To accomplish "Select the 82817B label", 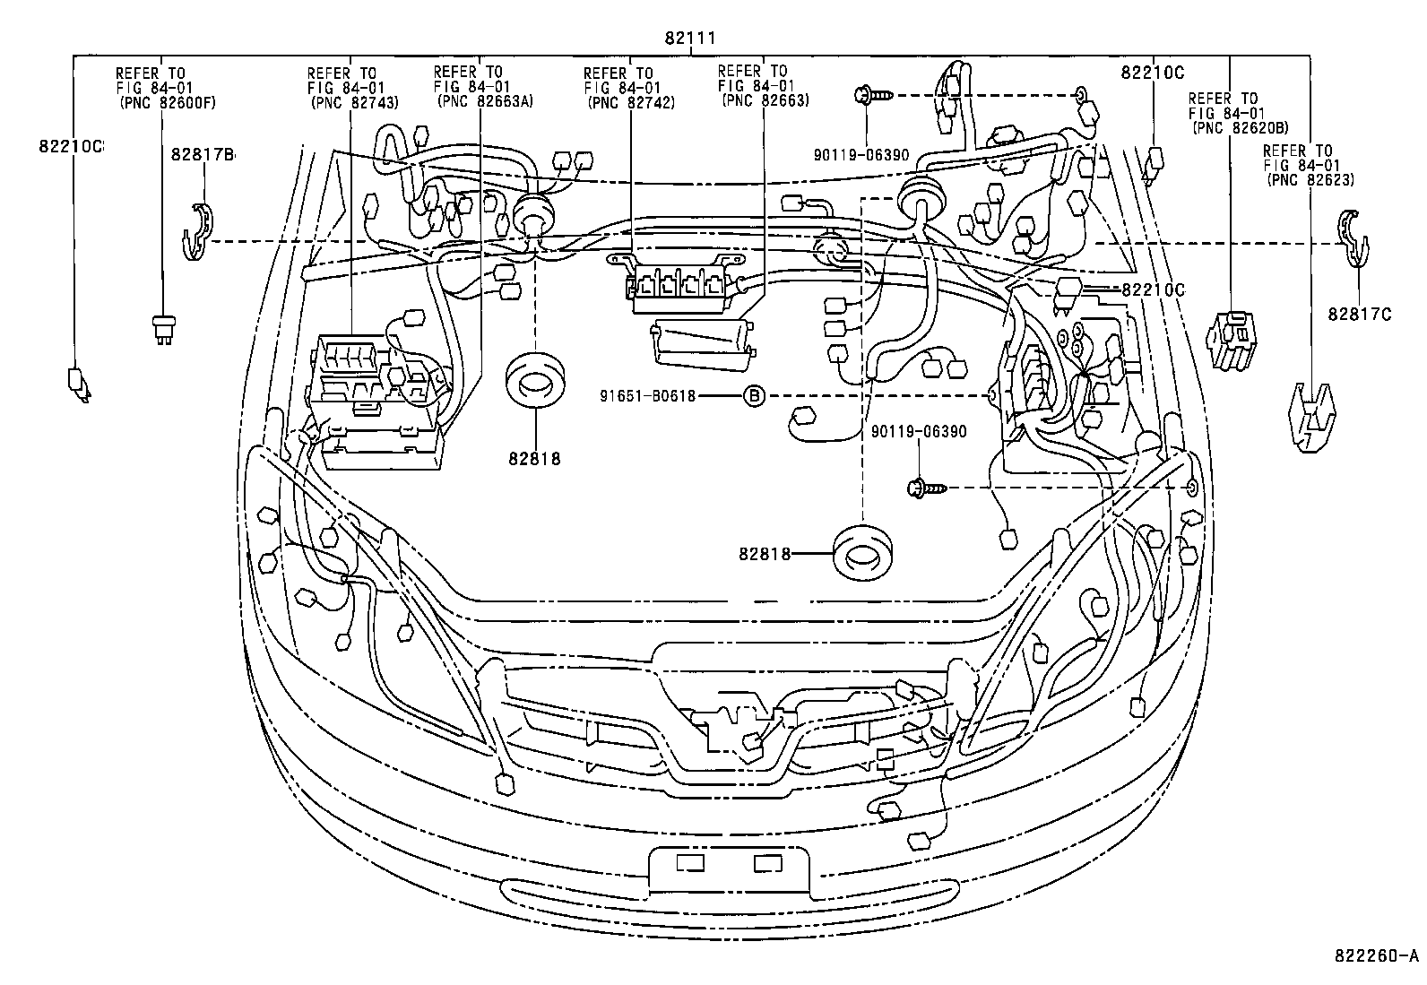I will click(x=202, y=155).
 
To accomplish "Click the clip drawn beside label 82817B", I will click(x=195, y=231).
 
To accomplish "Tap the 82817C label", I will click(x=1360, y=315).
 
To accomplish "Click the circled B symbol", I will click(x=755, y=395).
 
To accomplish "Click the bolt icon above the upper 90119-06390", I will click(x=870, y=94).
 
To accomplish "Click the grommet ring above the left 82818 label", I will click(x=534, y=380).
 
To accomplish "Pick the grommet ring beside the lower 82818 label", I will click(x=863, y=553).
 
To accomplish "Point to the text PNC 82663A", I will click(x=485, y=101).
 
